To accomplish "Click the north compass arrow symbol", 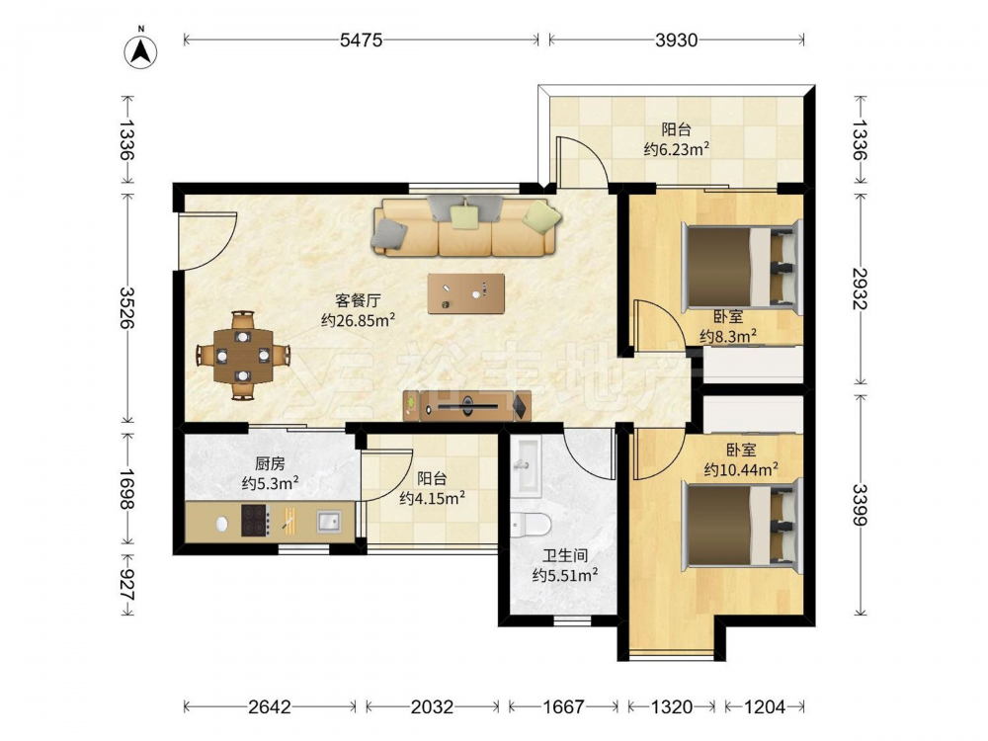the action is pyautogui.click(x=140, y=49).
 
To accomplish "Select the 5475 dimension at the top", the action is pyautogui.click(x=361, y=41).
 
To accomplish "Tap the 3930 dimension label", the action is pyautogui.click(x=676, y=41).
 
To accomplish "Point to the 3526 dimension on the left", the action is pyautogui.click(x=127, y=308).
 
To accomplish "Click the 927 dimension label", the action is pyautogui.click(x=127, y=585).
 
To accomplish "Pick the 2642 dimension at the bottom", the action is pyautogui.click(x=270, y=707).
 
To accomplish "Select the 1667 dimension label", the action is pyautogui.click(x=563, y=707).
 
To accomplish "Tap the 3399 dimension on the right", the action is pyautogui.click(x=861, y=504).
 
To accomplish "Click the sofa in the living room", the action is pyautogui.click(x=466, y=226).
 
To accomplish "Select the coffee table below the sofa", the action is pyautogui.click(x=465, y=293).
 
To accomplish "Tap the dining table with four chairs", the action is pyautogui.click(x=243, y=356).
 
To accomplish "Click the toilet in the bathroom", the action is pyautogui.click(x=530, y=524).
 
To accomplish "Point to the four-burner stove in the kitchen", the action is pyautogui.click(x=255, y=521).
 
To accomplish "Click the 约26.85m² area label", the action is pyautogui.click(x=358, y=320).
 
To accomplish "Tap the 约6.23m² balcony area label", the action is pyautogui.click(x=677, y=149).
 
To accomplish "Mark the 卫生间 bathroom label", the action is pyautogui.click(x=565, y=555).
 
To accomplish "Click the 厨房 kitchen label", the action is pyautogui.click(x=270, y=464).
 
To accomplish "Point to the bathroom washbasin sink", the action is pyautogui.click(x=526, y=466).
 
